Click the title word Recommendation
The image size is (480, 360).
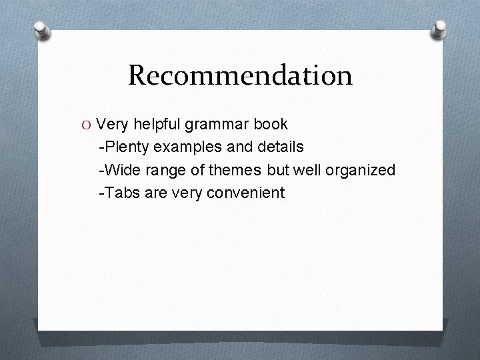240,75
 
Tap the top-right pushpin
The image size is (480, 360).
439,29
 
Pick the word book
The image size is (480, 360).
270,124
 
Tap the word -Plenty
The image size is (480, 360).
121,147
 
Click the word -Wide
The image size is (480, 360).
117,171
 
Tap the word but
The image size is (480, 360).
277,171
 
